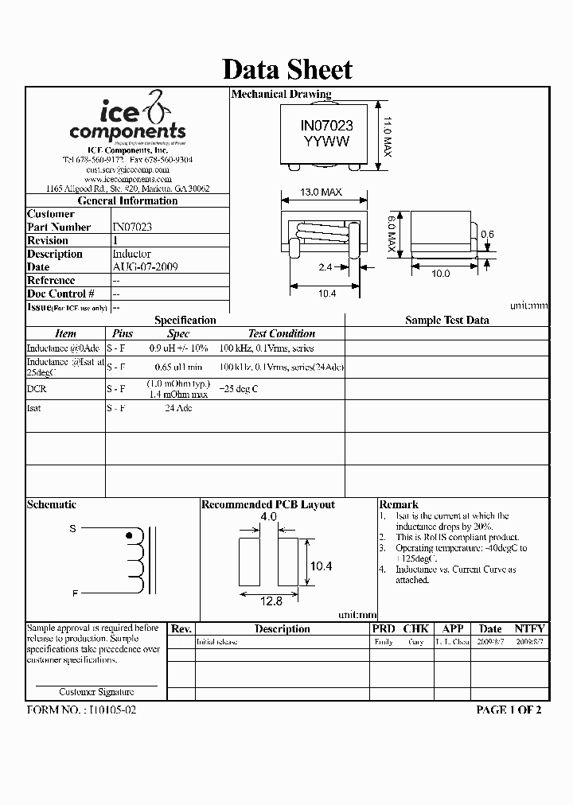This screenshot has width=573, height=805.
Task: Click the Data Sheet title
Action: [286, 69]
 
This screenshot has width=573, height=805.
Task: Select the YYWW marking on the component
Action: [325, 141]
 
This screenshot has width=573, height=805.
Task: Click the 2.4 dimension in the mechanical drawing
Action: [325, 268]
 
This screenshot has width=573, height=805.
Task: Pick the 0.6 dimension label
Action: [487, 234]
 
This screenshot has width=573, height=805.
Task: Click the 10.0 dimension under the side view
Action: [440, 273]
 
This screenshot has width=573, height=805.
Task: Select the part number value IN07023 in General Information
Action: [132, 227]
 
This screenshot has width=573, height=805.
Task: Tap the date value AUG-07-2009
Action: [145, 267]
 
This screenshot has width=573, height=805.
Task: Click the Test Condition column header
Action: [281, 334]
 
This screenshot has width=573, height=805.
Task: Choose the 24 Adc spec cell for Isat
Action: [178, 408]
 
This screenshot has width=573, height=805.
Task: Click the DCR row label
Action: [37, 389]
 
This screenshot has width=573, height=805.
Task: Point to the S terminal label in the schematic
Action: [72, 528]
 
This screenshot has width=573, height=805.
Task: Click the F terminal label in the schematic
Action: [74, 593]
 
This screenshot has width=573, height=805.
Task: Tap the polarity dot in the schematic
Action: [131, 536]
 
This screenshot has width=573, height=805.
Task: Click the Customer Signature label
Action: [96, 692]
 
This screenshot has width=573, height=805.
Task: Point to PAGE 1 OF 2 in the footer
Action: [508, 710]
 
